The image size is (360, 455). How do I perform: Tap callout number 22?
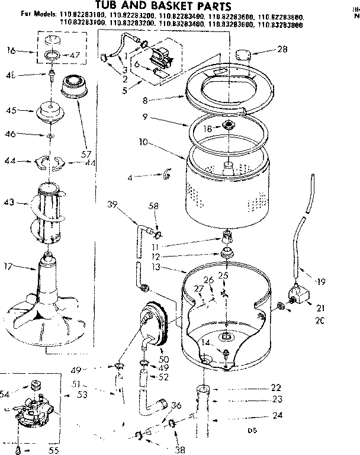click(275, 388)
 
